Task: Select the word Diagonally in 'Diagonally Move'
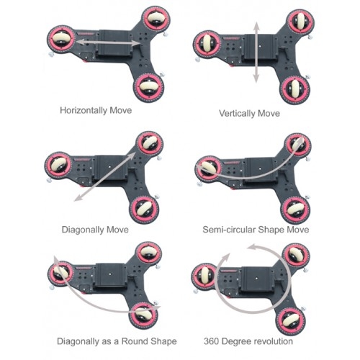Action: tap(83, 230)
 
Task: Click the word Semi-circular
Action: tap(229, 230)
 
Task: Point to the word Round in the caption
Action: tap(135, 341)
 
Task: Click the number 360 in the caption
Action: tap(211, 341)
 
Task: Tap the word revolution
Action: tap(274, 341)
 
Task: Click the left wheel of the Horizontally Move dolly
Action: tap(62, 39)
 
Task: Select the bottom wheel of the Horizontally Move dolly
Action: tap(149, 87)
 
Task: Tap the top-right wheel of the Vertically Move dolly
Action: tap(301, 22)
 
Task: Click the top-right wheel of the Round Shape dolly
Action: tap(148, 254)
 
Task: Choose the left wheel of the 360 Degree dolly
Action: tap(206, 276)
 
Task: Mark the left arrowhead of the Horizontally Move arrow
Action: tap(80, 42)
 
